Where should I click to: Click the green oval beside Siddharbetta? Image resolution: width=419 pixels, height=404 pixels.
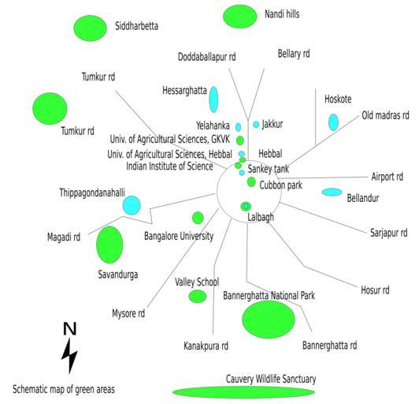coord(90,28)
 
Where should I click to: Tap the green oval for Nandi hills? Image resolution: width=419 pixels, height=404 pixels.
coord(240,17)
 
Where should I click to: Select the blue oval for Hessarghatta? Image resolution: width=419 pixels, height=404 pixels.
coord(213,99)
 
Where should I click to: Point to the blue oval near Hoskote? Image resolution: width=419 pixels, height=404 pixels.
coord(333,122)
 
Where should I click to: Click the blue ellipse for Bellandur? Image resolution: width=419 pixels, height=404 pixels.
coord(332,192)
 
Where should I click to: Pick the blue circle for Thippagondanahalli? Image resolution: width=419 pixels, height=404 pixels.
coord(132,205)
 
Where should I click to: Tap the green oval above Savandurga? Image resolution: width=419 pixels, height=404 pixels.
coord(109,245)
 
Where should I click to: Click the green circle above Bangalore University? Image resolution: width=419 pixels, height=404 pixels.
coord(198,218)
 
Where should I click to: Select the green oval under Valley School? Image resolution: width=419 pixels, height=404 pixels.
coord(198,297)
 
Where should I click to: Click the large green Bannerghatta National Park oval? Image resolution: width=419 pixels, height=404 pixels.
coord(269,319)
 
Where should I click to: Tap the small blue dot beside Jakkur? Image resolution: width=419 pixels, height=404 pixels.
coord(256,125)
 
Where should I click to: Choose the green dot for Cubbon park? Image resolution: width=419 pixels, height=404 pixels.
coord(251,181)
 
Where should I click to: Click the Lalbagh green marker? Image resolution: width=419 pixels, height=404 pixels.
coord(246,207)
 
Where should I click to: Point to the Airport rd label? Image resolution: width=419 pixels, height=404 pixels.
coord(387,177)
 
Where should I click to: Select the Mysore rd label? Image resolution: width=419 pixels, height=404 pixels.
coord(128,313)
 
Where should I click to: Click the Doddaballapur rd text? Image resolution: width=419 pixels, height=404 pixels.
coord(207,57)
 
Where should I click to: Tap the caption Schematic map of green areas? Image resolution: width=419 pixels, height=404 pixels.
coord(64,389)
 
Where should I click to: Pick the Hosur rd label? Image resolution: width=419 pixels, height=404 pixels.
coord(375,290)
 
